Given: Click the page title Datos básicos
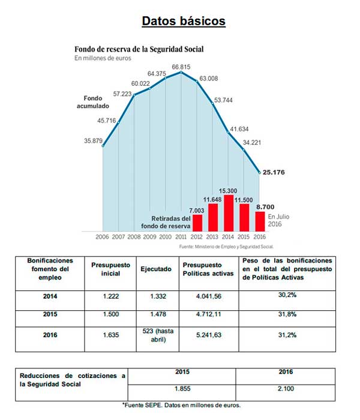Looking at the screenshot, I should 184,21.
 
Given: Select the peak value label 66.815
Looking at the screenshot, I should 181,67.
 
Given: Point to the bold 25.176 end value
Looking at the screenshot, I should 277,173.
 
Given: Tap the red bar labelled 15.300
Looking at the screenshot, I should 229,213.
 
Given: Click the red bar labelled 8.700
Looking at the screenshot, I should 260,221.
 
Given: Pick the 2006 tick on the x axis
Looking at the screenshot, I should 103,237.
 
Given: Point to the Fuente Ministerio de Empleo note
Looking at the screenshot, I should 227,247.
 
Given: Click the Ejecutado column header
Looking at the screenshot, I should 155,269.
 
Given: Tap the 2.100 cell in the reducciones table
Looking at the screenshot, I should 286,389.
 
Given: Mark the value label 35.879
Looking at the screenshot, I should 92,141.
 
